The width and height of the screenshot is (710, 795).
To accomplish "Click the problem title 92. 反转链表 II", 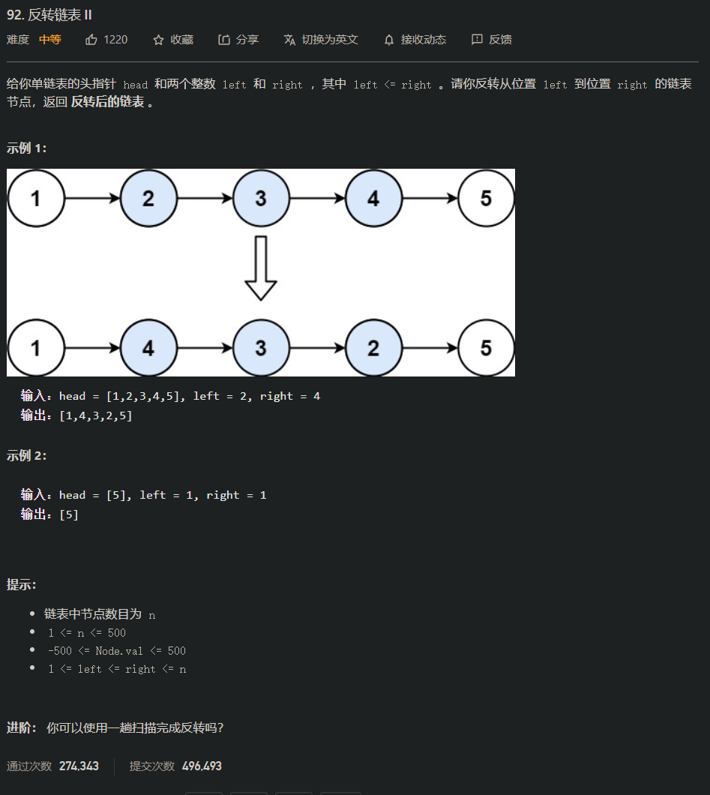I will (x=49, y=15).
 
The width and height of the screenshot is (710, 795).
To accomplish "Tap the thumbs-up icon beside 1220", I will (x=91, y=40).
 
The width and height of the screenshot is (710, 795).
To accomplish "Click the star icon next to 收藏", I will (x=158, y=40).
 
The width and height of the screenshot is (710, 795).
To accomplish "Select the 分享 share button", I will (x=238, y=40).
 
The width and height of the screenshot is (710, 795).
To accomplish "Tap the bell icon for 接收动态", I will (x=388, y=40).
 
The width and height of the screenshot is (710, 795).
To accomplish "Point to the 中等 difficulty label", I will (x=50, y=40).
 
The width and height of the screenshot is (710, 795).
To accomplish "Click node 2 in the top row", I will (x=148, y=198).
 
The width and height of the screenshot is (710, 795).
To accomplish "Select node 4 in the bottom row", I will (x=148, y=348).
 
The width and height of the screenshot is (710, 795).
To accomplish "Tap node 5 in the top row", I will (x=486, y=198).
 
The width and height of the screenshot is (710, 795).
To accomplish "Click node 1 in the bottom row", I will (x=35, y=348).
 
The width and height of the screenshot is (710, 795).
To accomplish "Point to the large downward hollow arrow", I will (x=260, y=268).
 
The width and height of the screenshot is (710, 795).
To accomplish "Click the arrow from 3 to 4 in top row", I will (x=317, y=198).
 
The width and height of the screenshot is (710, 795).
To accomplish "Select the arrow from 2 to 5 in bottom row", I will (x=430, y=348).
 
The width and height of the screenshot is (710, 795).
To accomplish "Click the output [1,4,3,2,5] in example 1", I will (x=95, y=415).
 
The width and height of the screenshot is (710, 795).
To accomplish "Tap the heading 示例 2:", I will (x=26, y=455).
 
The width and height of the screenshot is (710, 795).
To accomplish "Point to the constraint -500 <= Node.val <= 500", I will (x=116, y=651).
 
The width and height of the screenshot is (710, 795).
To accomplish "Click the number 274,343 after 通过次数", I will (x=79, y=766).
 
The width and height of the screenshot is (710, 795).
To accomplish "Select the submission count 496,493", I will (x=202, y=766).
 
